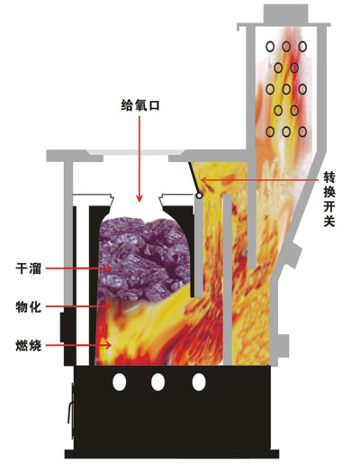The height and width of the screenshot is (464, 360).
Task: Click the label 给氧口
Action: pyautogui.click(x=140, y=105)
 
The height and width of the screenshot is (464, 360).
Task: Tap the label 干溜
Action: pyautogui.click(x=29, y=268)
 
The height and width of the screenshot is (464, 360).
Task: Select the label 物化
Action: pyautogui.click(x=29, y=307)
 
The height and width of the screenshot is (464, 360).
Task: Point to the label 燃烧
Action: pyautogui.click(x=29, y=346)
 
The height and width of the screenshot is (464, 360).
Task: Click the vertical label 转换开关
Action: pyautogui.click(x=329, y=199)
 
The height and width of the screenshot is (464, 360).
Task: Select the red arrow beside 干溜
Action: pyautogui.click(x=78, y=268)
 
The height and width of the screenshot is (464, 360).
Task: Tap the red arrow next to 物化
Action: pyautogui.click(x=78, y=306)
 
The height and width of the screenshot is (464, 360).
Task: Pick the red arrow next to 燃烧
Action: pyautogui.click(x=78, y=345)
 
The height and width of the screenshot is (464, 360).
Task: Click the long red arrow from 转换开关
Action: pyautogui.click(x=260, y=180)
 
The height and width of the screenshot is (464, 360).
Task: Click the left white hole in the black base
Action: pyautogui.click(x=120, y=382)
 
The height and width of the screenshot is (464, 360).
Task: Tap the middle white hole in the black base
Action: pyautogui.click(x=157, y=382)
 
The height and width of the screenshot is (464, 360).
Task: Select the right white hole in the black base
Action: pyautogui.click(x=199, y=382)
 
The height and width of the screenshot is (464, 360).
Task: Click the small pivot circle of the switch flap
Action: pyautogui.click(x=199, y=196)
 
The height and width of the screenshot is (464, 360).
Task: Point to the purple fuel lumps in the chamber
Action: pyautogui.click(x=145, y=259)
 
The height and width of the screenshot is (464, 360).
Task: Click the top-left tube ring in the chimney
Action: pyautogui.click(x=270, y=47)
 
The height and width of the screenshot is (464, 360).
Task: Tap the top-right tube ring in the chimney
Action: pyautogui.click(x=302, y=47)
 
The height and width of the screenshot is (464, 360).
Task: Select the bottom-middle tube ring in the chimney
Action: pyautogui.click(x=286, y=132)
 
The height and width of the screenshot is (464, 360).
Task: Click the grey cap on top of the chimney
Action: pyautogui.click(x=286, y=14)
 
